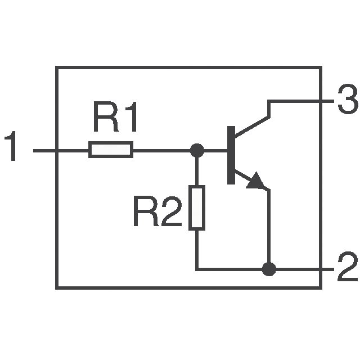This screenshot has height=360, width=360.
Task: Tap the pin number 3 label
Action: (346, 102)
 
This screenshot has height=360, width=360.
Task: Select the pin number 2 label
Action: (346, 269)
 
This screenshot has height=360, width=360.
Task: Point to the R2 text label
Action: (157, 212)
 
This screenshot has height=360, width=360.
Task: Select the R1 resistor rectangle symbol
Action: (111, 150)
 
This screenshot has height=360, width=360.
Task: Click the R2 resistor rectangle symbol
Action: (196, 208)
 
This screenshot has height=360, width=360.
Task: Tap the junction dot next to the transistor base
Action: (196, 150)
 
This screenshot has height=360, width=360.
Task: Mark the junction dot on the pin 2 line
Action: (269, 269)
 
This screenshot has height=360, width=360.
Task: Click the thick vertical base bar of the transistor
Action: (231, 155)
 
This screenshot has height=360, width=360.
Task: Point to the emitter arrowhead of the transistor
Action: (257, 181)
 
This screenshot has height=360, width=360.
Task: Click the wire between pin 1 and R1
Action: (62, 150)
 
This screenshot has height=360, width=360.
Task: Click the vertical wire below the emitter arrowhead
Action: (269, 225)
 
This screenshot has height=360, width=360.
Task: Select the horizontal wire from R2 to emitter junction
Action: (231, 269)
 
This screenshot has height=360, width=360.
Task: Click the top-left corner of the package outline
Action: (57, 67)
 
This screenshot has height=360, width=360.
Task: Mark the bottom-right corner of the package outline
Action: (320, 287)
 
